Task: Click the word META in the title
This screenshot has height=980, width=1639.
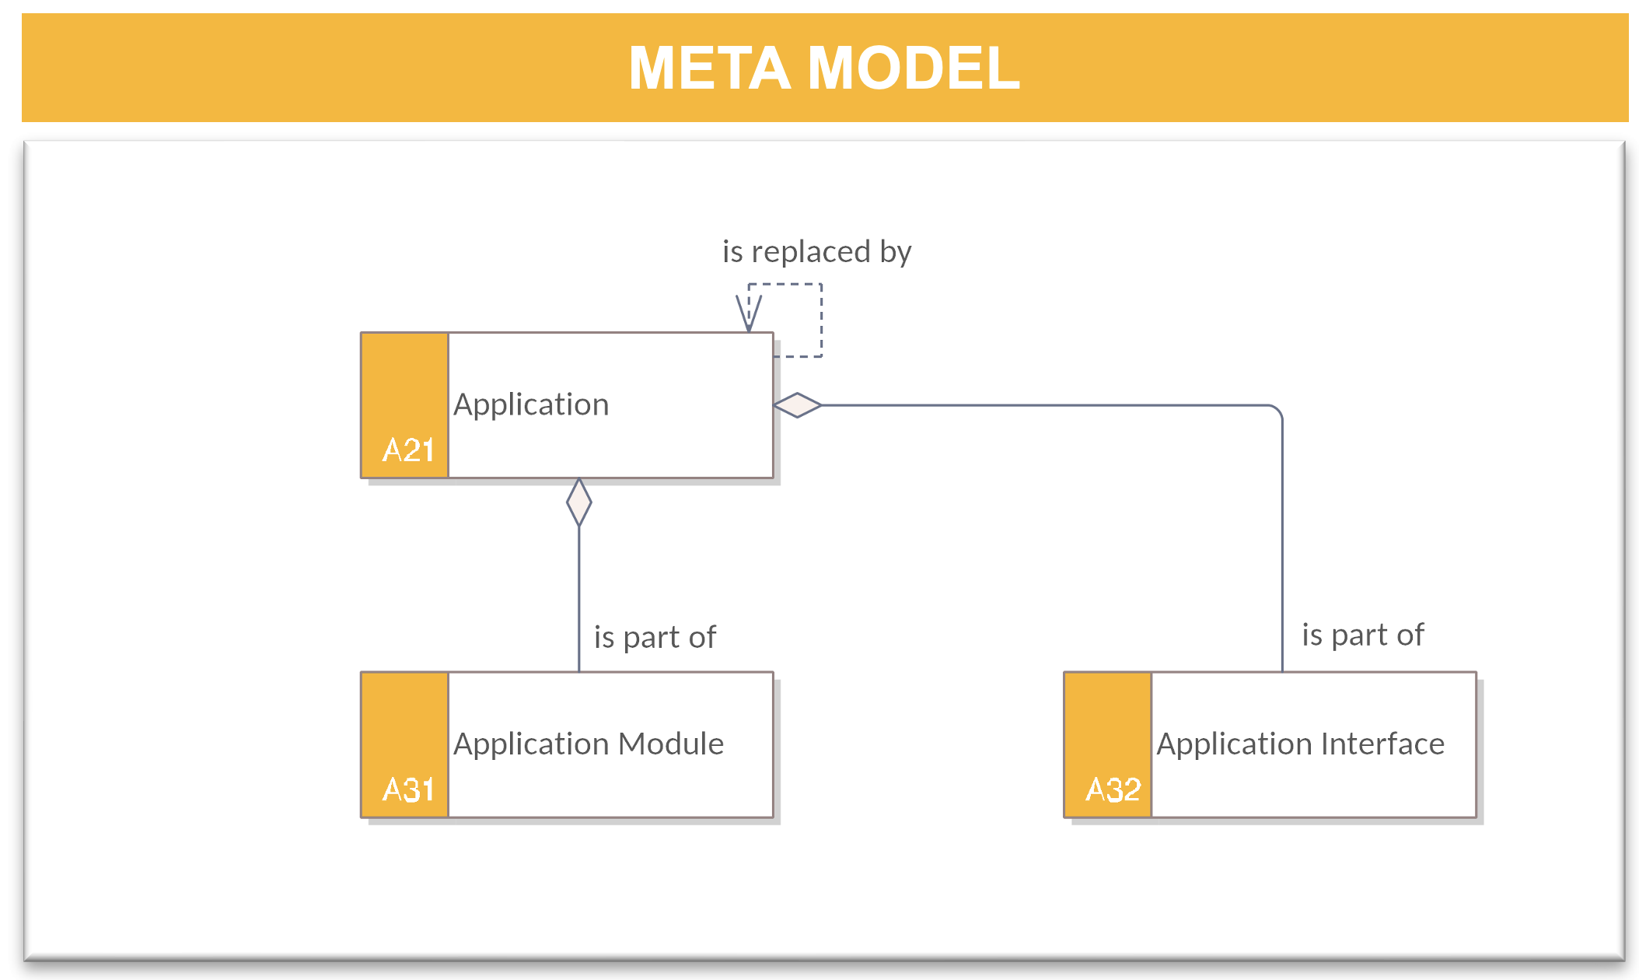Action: pos(710,68)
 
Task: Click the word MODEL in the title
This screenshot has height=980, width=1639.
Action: pos(914,68)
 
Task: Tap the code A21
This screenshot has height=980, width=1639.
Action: pos(408,450)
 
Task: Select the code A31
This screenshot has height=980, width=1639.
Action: pos(408,790)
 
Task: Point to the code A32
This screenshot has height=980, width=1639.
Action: pos(1113,790)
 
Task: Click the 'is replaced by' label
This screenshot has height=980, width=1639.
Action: pos(816,252)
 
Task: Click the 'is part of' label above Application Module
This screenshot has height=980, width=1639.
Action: pos(655,638)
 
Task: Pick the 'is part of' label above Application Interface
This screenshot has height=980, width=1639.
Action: pos(1363,635)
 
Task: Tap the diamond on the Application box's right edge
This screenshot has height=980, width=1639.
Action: pos(798,405)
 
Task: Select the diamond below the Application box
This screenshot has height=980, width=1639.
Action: pos(579,502)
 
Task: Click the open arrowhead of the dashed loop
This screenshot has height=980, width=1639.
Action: pos(749,313)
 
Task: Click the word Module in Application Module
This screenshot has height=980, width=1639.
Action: pos(671,744)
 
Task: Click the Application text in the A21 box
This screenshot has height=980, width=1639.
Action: pos(531,405)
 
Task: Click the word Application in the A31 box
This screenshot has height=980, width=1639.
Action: pos(531,745)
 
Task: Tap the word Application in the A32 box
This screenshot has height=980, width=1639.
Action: pos(1234,745)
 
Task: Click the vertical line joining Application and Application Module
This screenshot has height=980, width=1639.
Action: pos(579,599)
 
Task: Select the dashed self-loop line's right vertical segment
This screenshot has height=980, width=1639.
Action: pos(822,320)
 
